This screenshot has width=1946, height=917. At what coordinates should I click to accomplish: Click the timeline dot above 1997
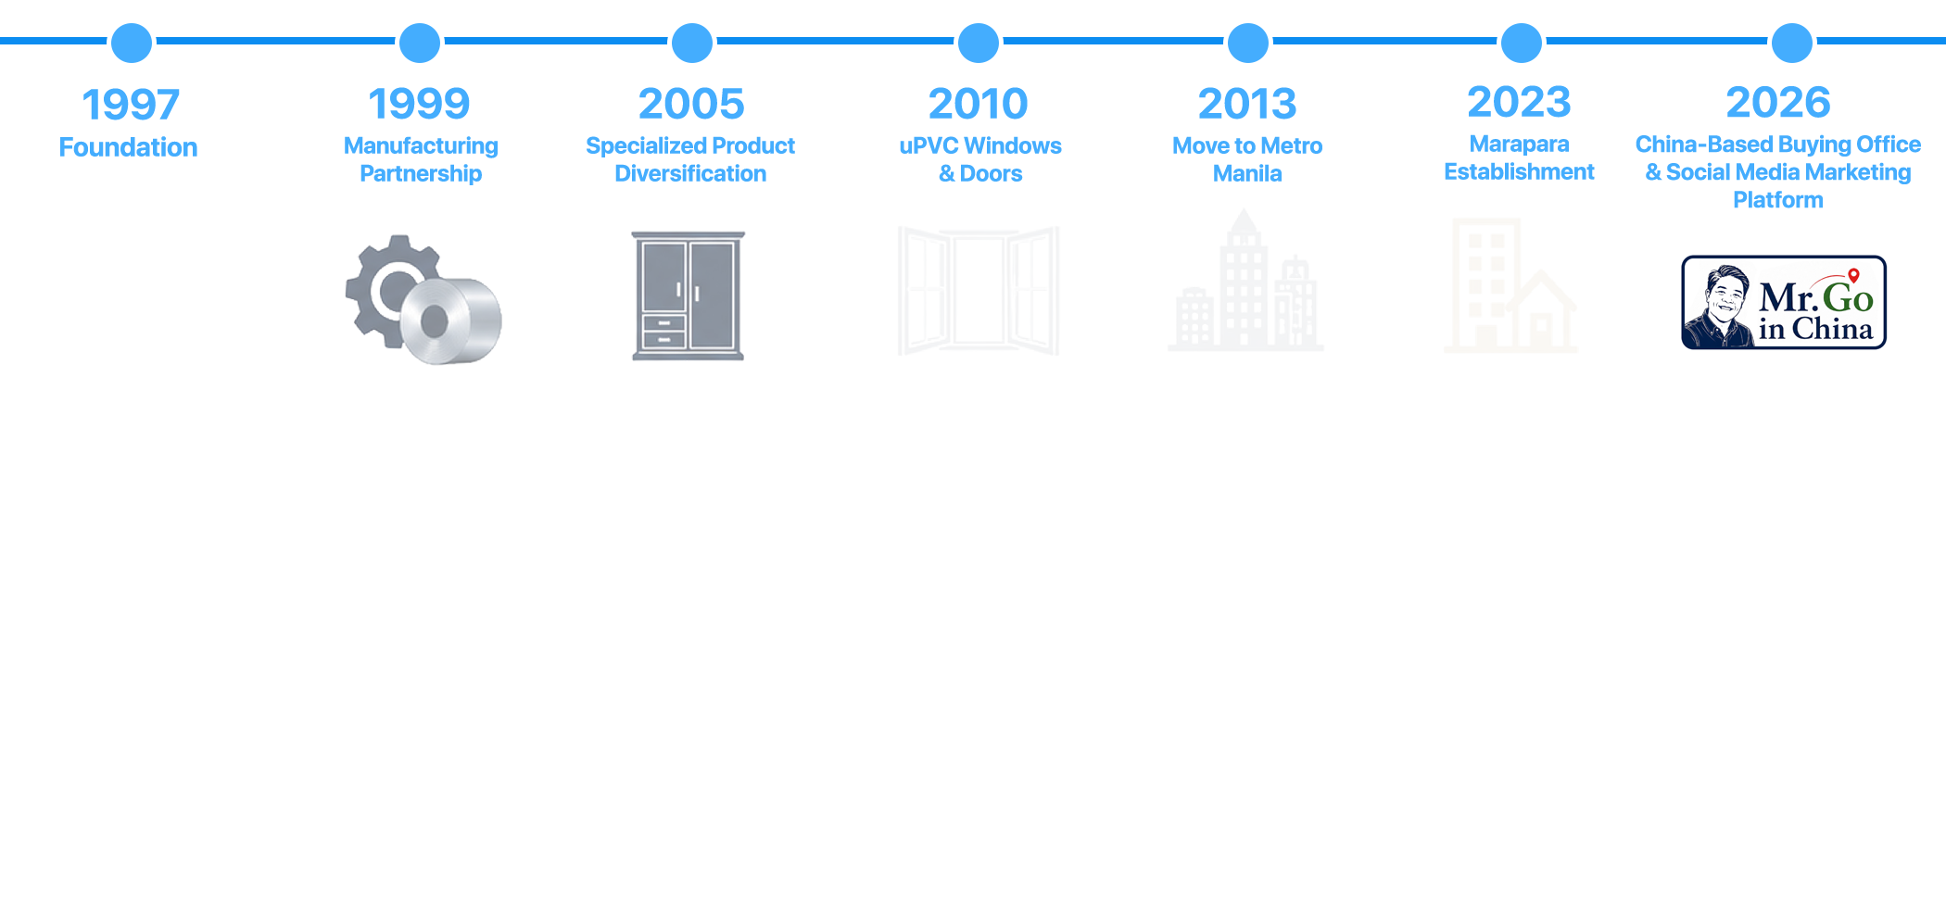click(x=132, y=43)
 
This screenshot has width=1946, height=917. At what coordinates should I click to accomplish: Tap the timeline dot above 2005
click(x=692, y=43)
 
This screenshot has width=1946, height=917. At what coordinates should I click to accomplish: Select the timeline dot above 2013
click(x=1248, y=43)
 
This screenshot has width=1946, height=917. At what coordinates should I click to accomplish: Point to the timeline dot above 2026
click(x=1792, y=43)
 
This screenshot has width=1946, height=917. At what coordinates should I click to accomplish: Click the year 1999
click(x=420, y=104)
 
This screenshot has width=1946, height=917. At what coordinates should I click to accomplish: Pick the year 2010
click(x=979, y=104)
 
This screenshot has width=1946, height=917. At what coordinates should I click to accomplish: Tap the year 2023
click(x=1520, y=102)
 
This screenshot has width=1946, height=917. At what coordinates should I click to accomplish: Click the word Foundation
click(x=128, y=147)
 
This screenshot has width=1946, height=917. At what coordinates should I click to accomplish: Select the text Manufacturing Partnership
click(x=421, y=159)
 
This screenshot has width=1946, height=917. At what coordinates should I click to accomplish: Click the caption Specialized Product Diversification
click(x=690, y=159)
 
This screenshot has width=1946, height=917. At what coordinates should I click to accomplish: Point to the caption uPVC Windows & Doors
click(x=980, y=159)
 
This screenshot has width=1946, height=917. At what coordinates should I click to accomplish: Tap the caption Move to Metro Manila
click(x=1247, y=159)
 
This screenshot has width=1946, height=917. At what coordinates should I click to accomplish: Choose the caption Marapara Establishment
click(x=1520, y=157)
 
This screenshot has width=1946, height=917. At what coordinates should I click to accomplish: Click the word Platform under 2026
click(x=1778, y=200)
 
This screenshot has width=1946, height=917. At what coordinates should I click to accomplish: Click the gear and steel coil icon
click(x=423, y=299)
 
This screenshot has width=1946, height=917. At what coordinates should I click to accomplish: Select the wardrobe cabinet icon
click(x=689, y=295)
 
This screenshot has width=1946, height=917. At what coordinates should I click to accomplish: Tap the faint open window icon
click(x=979, y=291)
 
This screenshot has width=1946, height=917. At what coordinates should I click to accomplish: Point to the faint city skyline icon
click(x=1246, y=280)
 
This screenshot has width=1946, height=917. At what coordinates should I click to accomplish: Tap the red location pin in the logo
click(x=1853, y=275)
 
